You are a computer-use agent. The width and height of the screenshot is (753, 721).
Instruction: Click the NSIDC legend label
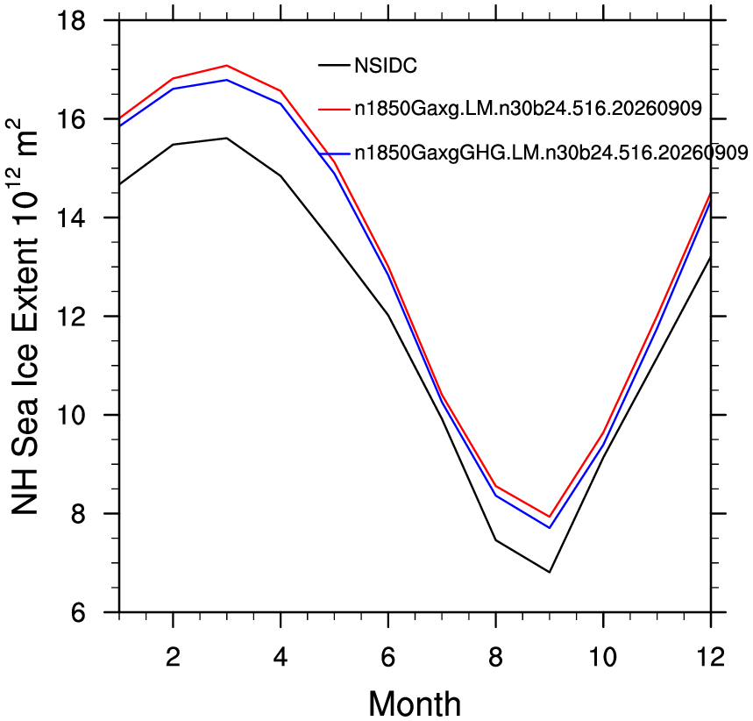tap(386, 66)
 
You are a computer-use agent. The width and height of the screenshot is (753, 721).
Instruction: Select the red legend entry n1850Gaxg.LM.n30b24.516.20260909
tap(529, 109)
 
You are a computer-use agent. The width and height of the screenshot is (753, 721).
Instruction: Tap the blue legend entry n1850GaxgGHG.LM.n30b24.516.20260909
tap(551, 153)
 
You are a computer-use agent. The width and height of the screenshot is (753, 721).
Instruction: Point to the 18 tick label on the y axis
tap(71, 21)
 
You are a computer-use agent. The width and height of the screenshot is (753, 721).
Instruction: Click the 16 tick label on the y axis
tap(71, 119)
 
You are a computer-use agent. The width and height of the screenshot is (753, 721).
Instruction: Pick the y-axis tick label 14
tap(71, 218)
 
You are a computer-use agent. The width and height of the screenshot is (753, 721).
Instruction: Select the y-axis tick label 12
tap(71, 317)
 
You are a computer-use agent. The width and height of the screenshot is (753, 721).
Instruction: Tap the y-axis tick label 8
tap(78, 514)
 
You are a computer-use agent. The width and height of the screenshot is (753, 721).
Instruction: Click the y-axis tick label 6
tap(78, 612)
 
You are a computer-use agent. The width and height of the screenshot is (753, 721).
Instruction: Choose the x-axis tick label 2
tap(173, 657)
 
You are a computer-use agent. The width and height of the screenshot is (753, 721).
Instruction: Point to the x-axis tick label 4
tap(281, 657)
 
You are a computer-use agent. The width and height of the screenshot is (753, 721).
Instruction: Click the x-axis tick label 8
tap(495, 657)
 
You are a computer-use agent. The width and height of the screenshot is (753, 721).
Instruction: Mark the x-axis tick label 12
tap(710, 657)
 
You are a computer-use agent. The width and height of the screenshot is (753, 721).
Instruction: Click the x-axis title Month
tap(415, 703)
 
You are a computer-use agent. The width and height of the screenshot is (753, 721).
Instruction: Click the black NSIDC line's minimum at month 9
tap(549, 572)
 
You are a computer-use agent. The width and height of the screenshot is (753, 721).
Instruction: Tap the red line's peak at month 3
tap(227, 66)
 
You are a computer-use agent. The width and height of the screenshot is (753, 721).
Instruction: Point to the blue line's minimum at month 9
tap(549, 528)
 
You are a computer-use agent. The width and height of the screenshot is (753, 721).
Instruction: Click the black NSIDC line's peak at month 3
tap(227, 138)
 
